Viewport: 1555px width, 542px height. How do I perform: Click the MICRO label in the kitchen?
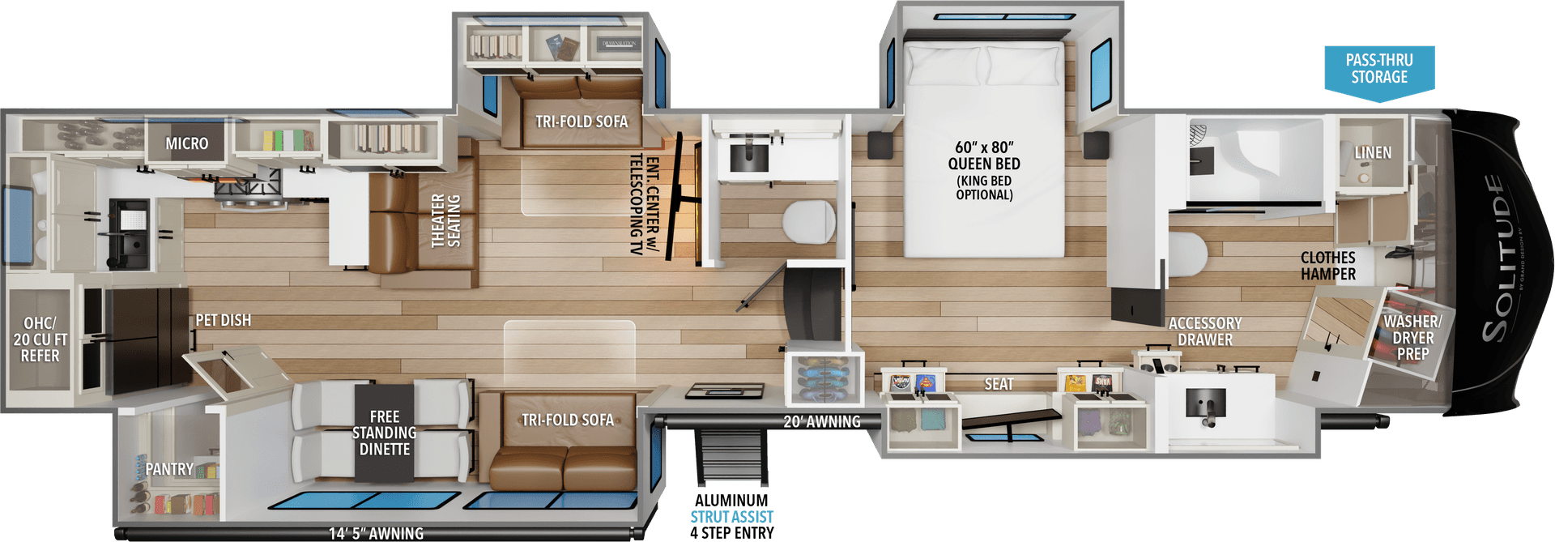[x=187, y=143]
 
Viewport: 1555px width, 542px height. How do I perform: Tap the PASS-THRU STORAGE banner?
[x=1378, y=69]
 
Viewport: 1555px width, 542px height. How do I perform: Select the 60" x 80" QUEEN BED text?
[x=984, y=156]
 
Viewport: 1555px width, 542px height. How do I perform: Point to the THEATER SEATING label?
[x=445, y=220]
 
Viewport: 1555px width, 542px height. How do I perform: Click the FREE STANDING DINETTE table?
[x=384, y=433]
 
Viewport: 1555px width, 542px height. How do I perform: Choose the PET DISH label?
[x=224, y=320]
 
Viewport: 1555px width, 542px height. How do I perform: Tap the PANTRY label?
[x=169, y=469]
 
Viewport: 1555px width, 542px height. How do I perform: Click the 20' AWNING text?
[x=821, y=421]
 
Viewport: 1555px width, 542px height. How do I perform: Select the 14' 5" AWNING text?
[x=376, y=533]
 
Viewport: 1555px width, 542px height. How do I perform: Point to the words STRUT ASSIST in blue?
[x=731, y=516]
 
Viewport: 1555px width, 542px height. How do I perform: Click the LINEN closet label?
[x=1373, y=152]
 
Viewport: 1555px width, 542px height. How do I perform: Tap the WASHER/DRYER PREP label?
[x=1412, y=338]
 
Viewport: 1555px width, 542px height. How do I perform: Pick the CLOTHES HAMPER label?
[x=1327, y=266]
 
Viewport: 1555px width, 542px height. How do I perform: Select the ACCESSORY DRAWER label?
[x=1204, y=331]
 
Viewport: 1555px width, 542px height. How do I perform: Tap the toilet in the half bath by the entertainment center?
[x=808, y=221]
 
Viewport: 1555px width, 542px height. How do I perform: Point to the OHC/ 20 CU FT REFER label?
[x=40, y=339]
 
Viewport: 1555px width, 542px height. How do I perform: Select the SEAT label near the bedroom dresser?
[x=999, y=384]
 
